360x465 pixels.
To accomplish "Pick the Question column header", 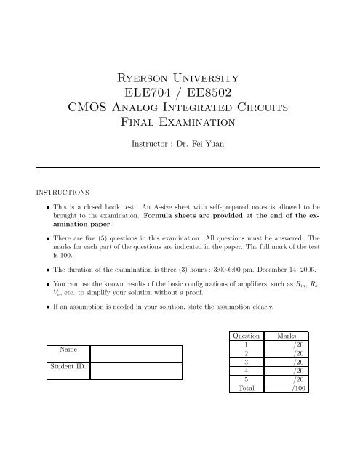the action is click(x=244, y=336).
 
